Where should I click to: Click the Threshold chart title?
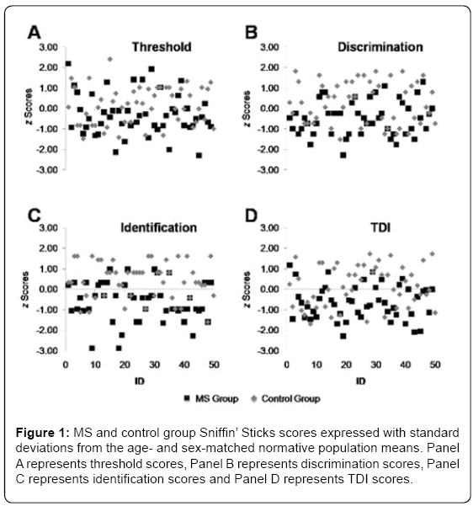point(162,47)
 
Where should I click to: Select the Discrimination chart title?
point(380,47)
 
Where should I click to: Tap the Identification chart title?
point(158,228)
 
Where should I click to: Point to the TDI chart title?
point(380,228)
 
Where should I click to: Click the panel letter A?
point(35,33)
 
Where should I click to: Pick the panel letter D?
point(252,216)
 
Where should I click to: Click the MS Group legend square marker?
point(187,399)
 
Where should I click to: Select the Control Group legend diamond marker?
point(254,399)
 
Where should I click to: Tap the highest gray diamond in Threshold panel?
point(110,59)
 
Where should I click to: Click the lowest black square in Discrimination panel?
point(343,155)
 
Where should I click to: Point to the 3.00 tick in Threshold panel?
point(49,47)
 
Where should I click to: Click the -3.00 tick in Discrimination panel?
point(268,170)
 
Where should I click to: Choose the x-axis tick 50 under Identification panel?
point(214,365)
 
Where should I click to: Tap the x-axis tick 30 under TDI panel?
point(376,365)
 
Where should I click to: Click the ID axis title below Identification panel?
point(140,381)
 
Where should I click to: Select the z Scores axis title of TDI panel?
point(247,290)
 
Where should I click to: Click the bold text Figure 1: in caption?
point(42,433)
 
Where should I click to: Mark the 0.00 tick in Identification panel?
point(49,289)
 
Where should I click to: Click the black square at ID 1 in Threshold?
point(68,64)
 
